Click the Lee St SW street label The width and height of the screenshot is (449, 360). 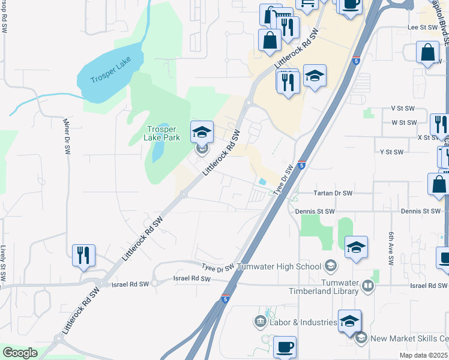(420, 28)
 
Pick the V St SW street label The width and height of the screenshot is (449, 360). (403, 108)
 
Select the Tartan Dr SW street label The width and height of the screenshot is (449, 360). (333, 193)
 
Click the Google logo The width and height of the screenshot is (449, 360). (20, 352)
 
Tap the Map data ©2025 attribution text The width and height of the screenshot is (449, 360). (424, 355)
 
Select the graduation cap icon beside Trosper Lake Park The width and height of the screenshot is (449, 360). (202, 131)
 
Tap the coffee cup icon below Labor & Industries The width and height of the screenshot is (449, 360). (285, 346)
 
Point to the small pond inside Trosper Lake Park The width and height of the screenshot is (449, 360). (156, 154)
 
